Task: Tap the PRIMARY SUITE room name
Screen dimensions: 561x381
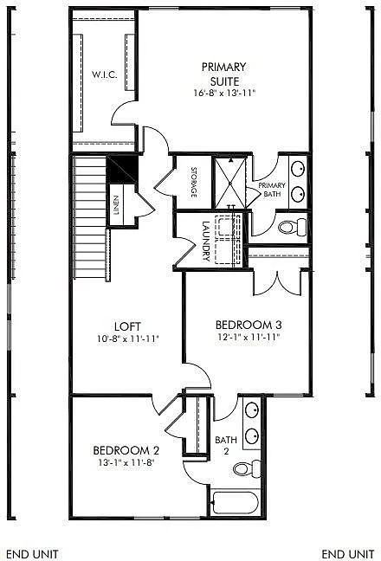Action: [223, 73]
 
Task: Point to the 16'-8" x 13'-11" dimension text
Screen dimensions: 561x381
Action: [223, 92]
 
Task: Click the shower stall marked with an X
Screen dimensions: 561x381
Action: [231, 182]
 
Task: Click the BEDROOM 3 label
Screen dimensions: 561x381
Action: [249, 326]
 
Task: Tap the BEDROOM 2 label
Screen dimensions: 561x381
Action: [126, 450]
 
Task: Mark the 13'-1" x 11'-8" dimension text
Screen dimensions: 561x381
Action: [126, 464]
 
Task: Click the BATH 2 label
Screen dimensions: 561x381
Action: [224, 445]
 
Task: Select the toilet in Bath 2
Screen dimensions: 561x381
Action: [249, 469]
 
